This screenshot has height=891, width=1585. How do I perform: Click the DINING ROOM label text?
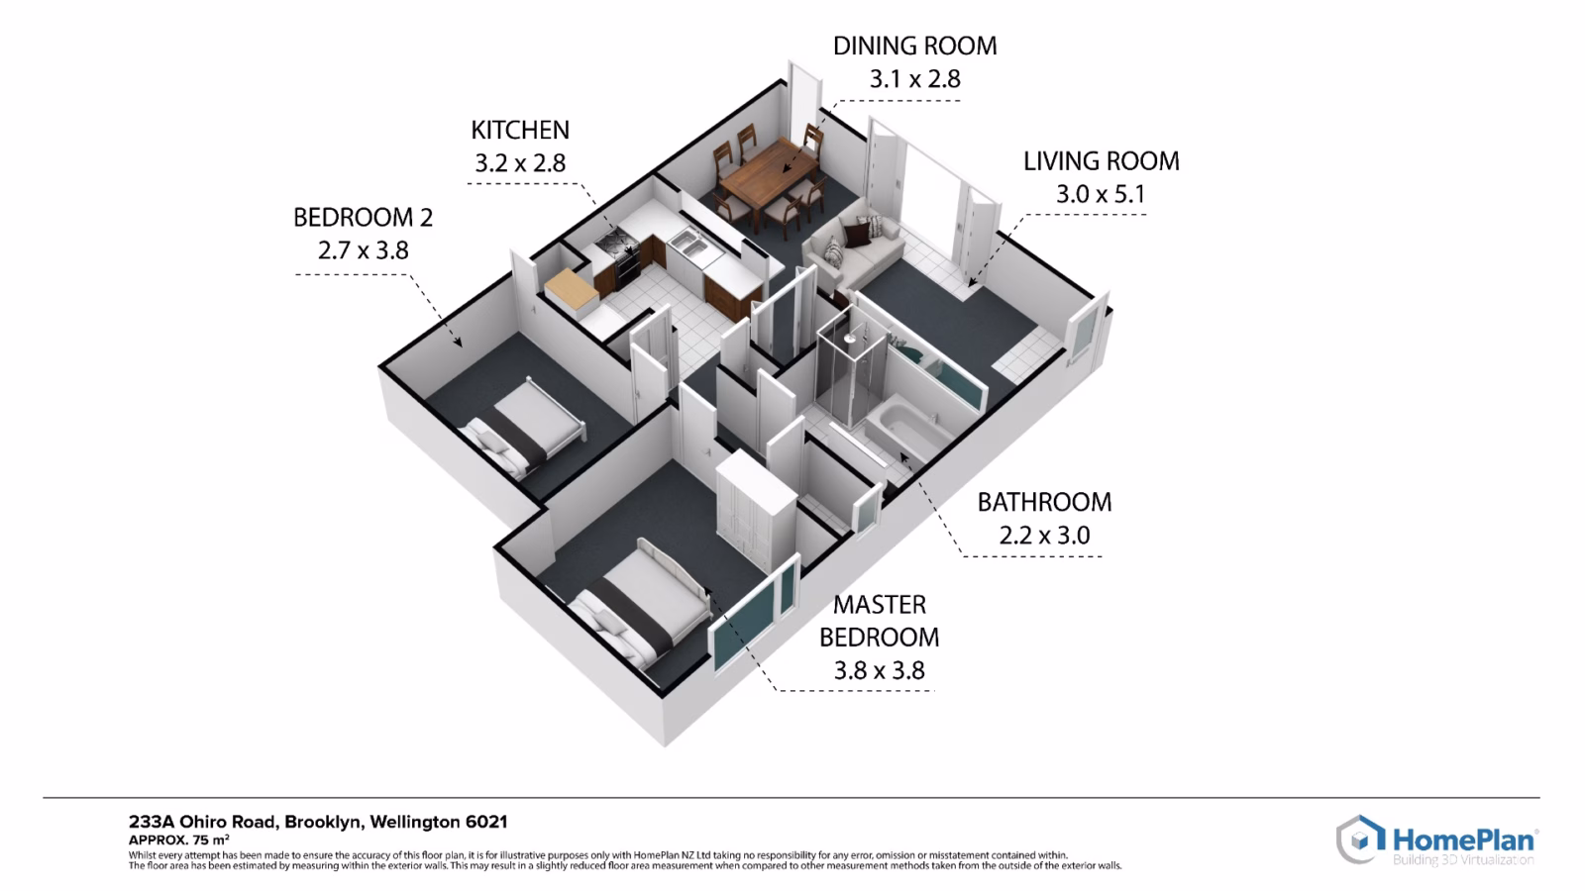(x=915, y=46)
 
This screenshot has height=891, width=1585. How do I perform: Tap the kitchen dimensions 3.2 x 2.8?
(x=520, y=163)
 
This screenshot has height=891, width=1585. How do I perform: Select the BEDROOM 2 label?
(x=363, y=217)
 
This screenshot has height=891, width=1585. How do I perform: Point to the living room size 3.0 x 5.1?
(x=1101, y=194)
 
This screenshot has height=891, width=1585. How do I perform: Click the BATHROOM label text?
(x=1044, y=502)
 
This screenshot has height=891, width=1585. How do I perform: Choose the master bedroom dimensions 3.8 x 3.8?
(x=880, y=670)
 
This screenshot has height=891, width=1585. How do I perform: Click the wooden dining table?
(x=768, y=177)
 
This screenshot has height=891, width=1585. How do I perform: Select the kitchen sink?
(x=687, y=244)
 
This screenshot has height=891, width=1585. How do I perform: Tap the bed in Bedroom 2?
(x=524, y=427)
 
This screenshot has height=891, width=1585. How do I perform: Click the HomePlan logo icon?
(x=1359, y=840)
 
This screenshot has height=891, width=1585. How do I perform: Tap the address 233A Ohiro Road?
(x=202, y=823)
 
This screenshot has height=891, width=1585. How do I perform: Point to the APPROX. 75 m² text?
(x=179, y=841)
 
